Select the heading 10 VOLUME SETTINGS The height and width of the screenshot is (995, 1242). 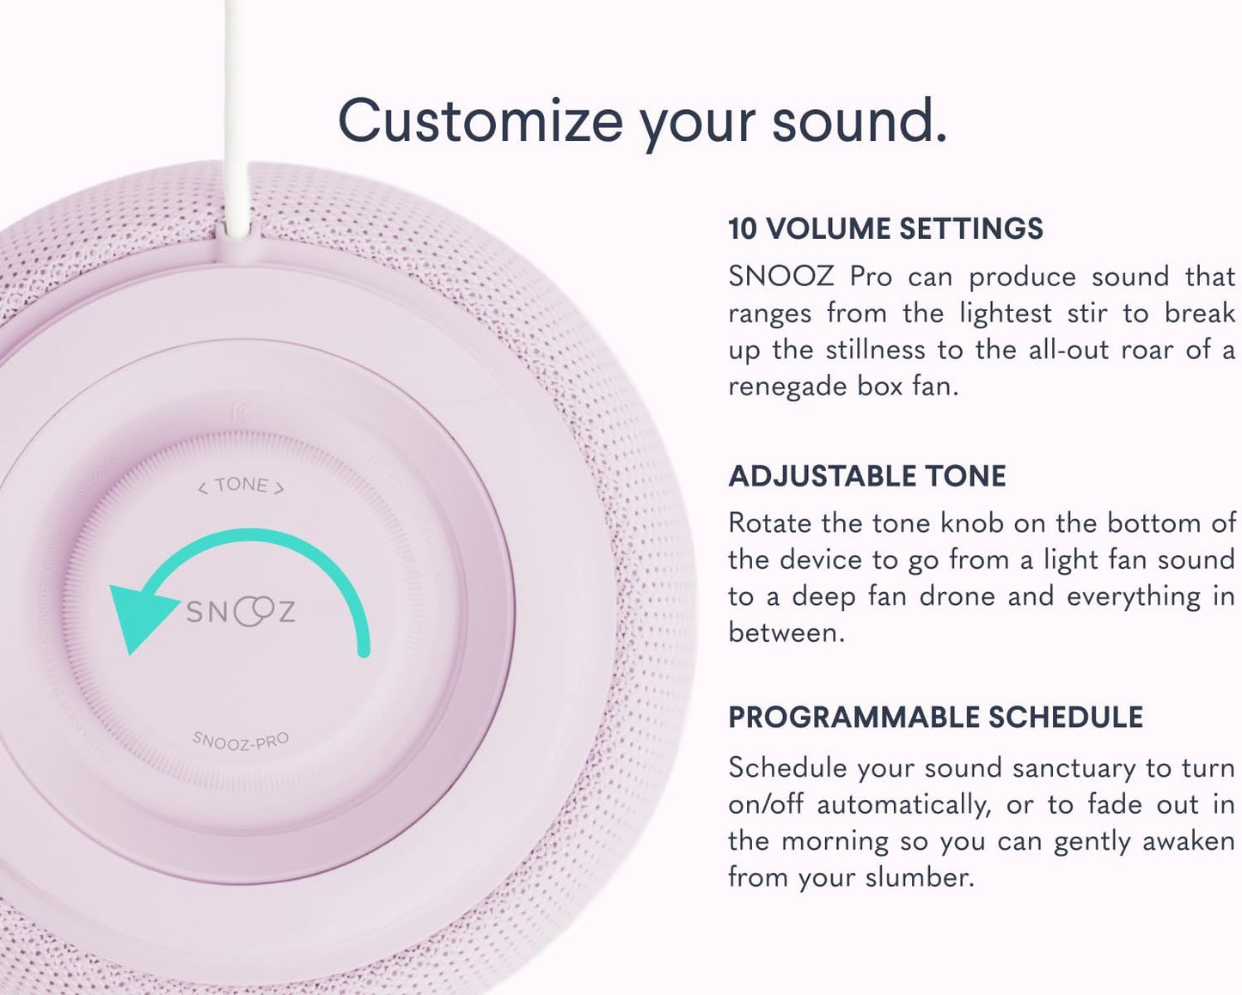pos(885,229)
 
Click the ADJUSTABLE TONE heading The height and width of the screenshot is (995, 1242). pos(866,476)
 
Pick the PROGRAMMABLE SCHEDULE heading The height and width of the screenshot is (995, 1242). pos(935,717)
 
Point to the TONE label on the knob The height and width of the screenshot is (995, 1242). pos(242,486)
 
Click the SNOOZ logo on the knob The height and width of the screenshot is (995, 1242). pos(241,611)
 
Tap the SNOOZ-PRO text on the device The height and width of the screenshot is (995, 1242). pos(241,741)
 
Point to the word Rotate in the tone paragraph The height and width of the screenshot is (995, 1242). pos(769,522)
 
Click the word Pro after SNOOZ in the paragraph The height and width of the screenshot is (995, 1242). pos(871,277)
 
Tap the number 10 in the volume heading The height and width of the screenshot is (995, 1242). pos(743,229)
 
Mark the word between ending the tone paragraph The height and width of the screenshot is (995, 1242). pos(786,632)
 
